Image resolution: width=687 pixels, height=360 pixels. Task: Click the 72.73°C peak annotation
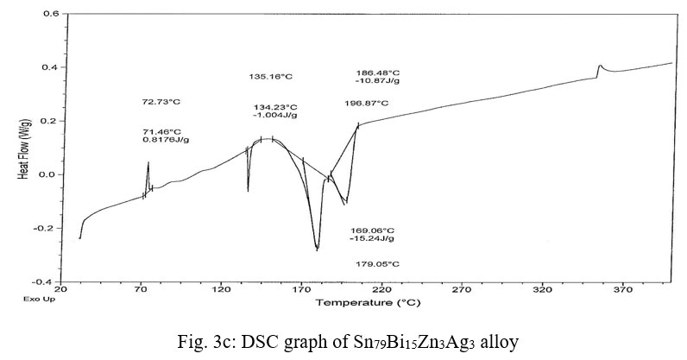tap(161, 102)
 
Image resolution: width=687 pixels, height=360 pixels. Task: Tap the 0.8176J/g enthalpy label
tap(162, 139)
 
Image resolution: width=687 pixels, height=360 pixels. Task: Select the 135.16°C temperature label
tap(271, 77)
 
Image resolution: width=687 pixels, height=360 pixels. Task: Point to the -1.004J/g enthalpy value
tap(275, 115)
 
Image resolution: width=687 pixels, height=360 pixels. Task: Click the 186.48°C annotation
tap(378, 73)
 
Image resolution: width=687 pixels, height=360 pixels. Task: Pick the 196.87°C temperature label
tap(366, 103)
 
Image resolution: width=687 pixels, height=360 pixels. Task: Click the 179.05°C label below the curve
tap(377, 264)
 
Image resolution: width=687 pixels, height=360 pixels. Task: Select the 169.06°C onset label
tap(373, 231)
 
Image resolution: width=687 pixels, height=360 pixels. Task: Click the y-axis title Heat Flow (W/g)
tap(24, 148)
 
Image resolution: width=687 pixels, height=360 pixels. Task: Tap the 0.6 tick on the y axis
tap(50, 15)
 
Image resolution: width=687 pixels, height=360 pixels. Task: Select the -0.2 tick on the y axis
tap(47, 229)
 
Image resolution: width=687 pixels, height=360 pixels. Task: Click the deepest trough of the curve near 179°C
tap(318, 249)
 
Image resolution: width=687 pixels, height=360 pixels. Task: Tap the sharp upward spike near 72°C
tap(148, 163)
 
